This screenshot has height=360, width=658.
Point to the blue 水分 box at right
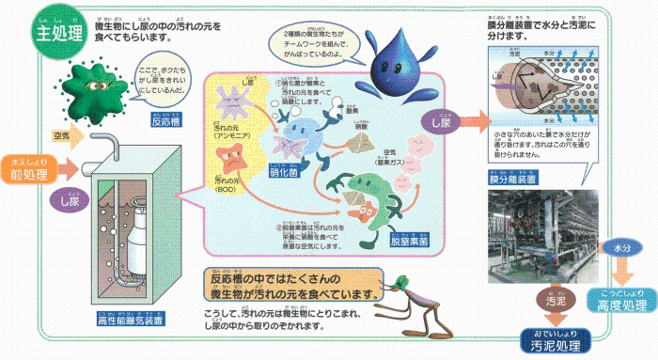[x=622, y=247]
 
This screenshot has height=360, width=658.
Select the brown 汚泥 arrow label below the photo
[x=555, y=303]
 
